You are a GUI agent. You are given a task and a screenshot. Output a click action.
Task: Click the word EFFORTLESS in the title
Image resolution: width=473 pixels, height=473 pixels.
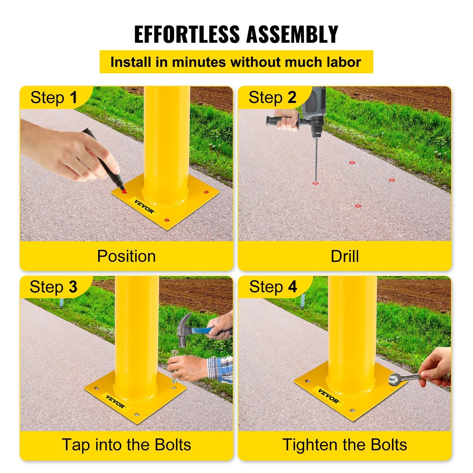[187, 34]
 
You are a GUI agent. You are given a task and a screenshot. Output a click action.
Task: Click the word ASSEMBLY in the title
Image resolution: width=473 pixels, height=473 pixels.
[292, 34]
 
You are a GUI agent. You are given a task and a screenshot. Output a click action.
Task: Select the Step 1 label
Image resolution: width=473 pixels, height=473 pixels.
[54, 98]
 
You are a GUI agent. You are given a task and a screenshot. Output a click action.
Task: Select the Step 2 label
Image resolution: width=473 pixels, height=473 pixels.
[272, 98]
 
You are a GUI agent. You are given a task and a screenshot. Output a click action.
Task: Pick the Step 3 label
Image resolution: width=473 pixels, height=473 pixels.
[53, 287]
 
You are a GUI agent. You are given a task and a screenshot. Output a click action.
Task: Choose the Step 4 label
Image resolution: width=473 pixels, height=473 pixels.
[273, 287]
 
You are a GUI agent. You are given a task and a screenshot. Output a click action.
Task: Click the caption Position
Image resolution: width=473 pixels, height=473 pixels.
[126, 256]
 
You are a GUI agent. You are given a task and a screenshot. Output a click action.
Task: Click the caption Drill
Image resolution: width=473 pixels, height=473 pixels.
[345, 256]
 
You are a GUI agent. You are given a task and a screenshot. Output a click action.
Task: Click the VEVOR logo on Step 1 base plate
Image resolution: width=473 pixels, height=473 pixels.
[144, 206]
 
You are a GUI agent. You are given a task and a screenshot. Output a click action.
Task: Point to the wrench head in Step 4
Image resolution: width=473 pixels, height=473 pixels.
[394, 379]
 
